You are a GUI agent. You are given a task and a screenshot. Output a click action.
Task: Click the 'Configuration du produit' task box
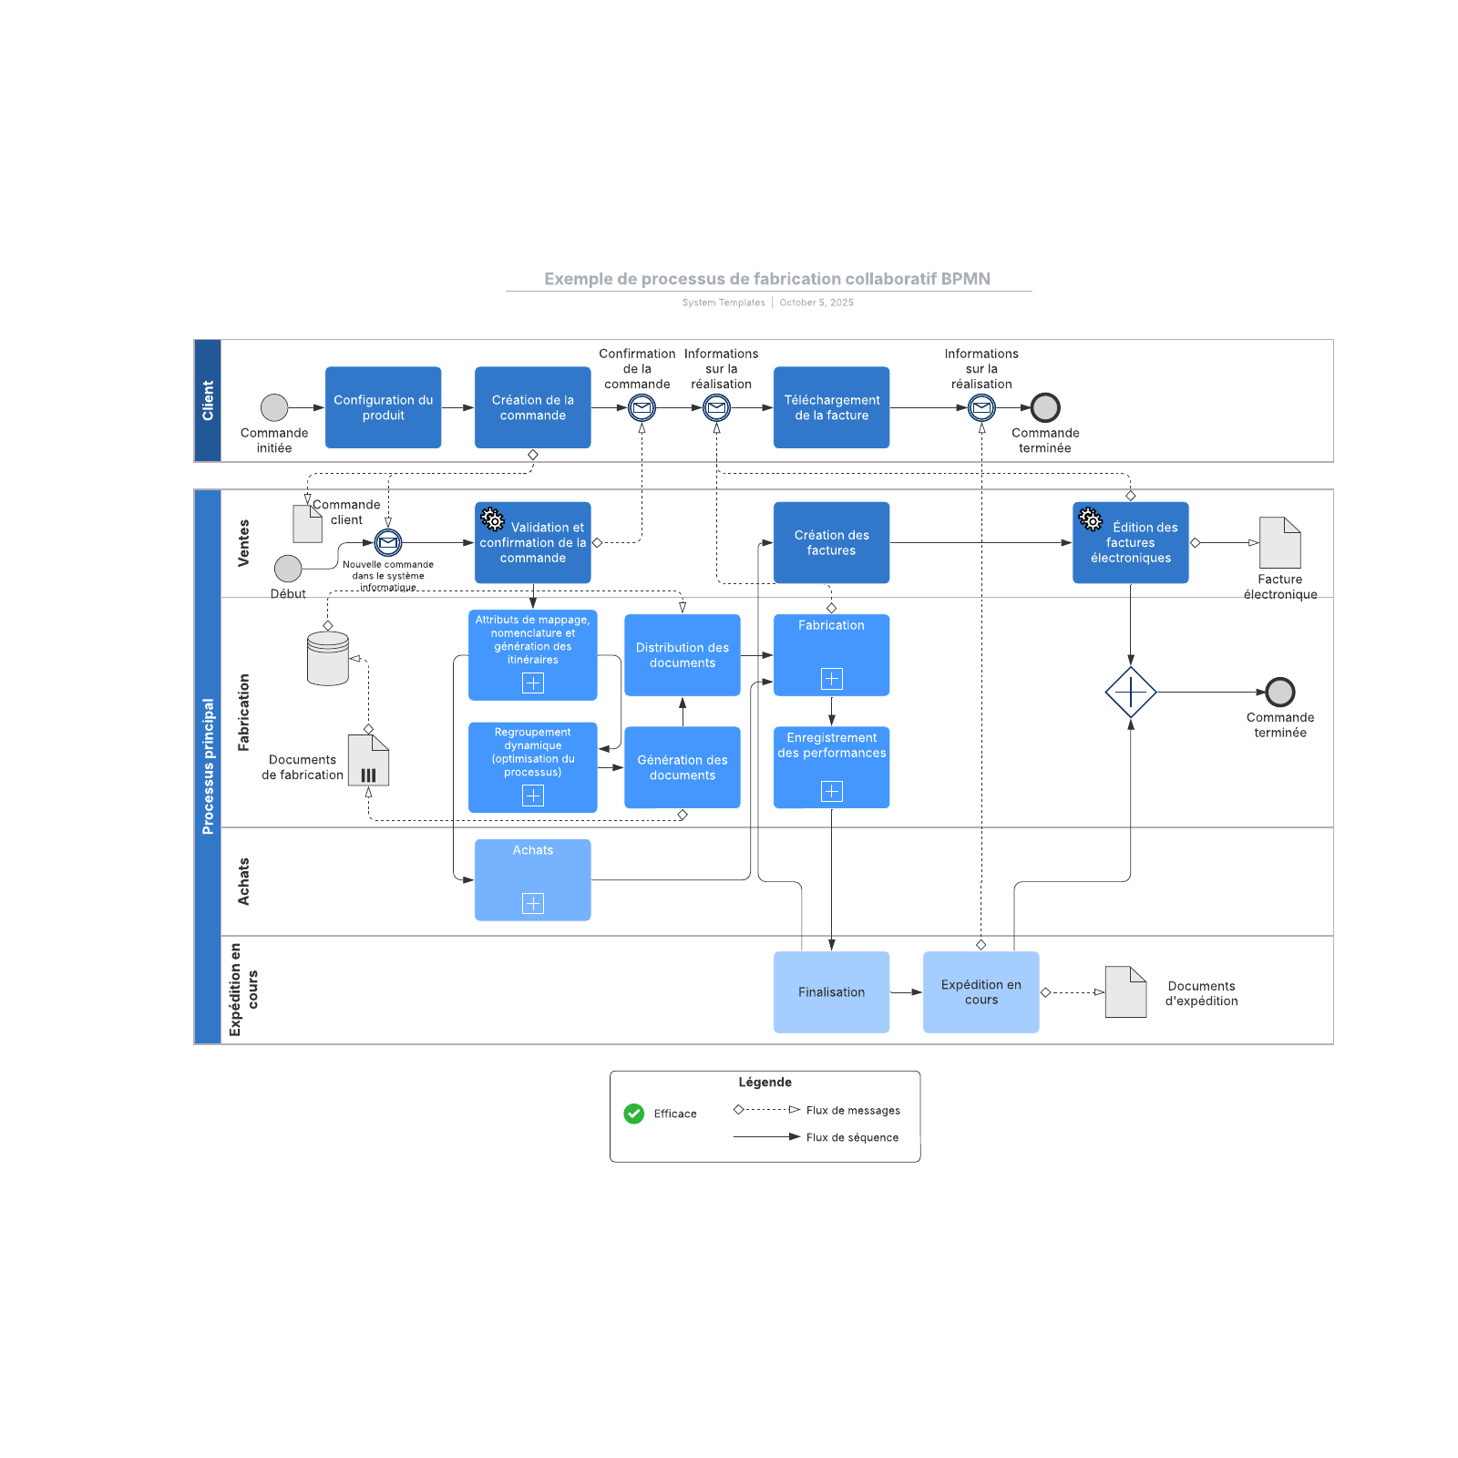(x=383, y=407)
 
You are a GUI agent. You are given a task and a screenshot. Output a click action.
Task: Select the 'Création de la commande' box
(x=532, y=407)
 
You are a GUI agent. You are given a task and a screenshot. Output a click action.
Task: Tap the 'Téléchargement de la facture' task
(x=831, y=407)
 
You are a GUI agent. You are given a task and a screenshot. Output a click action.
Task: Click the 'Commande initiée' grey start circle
(x=274, y=407)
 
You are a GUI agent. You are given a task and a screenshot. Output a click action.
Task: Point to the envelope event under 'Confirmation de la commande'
(x=642, y=407)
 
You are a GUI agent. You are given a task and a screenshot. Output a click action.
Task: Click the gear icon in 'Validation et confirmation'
(x=492, y=519)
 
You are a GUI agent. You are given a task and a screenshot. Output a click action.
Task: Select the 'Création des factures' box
(x=831, y=542)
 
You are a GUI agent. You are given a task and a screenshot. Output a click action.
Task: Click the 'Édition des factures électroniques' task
(x=1130, y=542)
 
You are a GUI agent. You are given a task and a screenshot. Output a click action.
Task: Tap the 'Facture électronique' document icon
(x=1279, y=543)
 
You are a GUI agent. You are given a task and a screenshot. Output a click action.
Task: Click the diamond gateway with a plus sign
(x=1130, y=693)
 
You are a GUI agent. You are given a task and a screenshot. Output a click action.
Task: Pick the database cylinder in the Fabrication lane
(x=328, y=658)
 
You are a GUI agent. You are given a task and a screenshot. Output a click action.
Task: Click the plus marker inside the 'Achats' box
(x=532, y=903)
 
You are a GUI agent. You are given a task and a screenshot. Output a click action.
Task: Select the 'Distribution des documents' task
(x=682, y=655)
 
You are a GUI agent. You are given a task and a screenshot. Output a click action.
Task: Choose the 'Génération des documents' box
(x=682, y=767)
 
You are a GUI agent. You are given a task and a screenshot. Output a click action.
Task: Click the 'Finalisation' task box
(x=831, y=992)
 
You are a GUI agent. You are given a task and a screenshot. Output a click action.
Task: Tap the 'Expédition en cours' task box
(x=981, y=992)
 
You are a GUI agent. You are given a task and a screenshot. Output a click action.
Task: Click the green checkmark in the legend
(x=634, y=1114)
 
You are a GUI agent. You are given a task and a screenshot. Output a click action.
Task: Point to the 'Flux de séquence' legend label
(x=852, y=1137)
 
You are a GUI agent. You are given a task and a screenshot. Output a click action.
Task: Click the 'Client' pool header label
(x=208, y=401)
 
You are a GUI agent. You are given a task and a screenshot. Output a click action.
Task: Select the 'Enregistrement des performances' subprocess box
(x=831, y=767)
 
